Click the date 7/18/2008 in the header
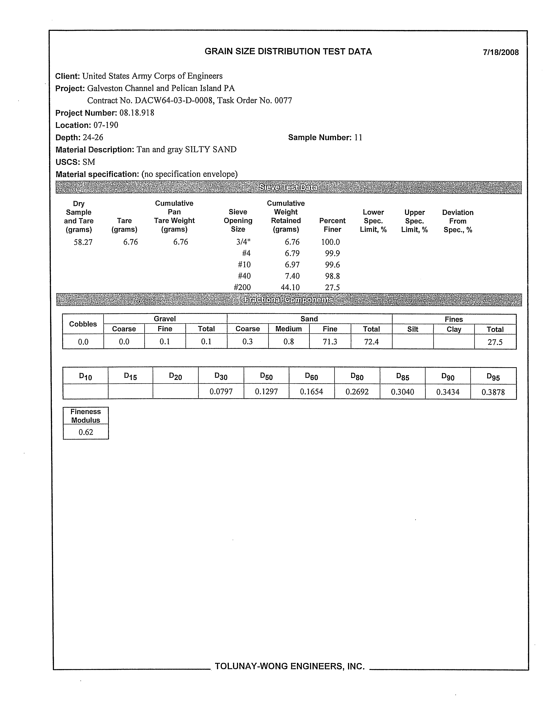coord(500,52)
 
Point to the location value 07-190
coord(106,125)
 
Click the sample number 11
coord(358,138)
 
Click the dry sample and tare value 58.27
coord(83,242)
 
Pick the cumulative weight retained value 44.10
coord(290,288)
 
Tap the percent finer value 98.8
coord(332,276)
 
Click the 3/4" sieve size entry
coord(243,242)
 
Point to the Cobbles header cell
coord(83,324)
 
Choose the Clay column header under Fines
coord(454,329)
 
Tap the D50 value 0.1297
coord(266,392)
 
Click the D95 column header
coord(493,376)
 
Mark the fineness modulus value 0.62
coord(86,432)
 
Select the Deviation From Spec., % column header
coord(457,221)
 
